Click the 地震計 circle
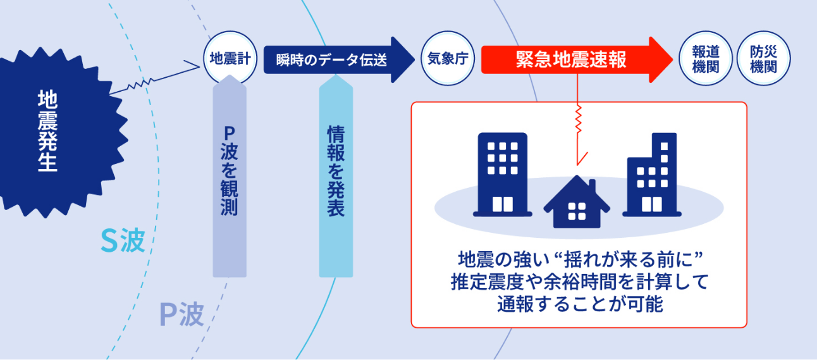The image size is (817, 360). pos(230,58)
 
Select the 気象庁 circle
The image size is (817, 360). pos(448,58)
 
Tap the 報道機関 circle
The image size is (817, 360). pos(706,58)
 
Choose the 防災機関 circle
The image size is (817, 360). pos(764,58)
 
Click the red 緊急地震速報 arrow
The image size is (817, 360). pos(577,59)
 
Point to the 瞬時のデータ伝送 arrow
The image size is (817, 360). pos(339,59)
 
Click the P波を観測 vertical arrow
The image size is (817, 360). pos(230,176)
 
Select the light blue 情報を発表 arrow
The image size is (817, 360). pos(336,176)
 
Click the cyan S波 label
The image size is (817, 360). pos(123,240)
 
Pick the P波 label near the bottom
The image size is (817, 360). pos(181,314)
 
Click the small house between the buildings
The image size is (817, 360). pos(577,202)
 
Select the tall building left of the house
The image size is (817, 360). pos(503,175)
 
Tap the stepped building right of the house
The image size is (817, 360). pos(652,175)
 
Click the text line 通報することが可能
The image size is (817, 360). pos(580,304)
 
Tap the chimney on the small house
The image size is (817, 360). pos(593,186)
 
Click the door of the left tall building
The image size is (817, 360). pos(503,204)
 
